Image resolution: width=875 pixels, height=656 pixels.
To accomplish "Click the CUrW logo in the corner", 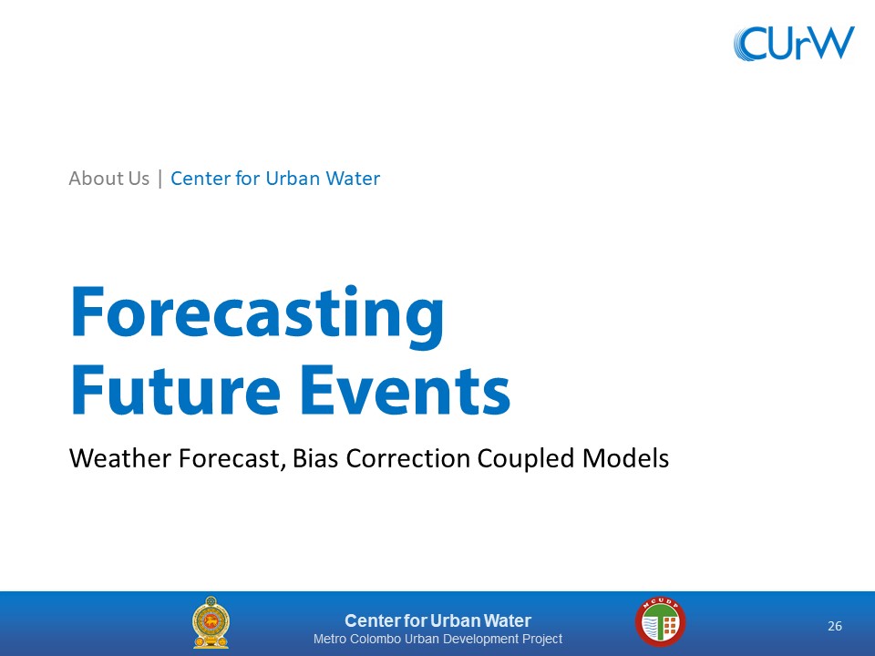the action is click(x=794, y=43).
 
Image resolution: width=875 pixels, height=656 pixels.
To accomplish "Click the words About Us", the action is click(x=108, y=179).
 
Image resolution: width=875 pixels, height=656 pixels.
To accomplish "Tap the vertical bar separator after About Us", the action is click(x=160, y=179).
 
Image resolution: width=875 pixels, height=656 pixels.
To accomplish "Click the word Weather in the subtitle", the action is click(x=120, y=458).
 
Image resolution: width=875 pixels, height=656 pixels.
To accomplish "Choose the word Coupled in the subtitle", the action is click(x=526, y=459).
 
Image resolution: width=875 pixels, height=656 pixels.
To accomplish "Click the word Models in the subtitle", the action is click(x=625, y=458).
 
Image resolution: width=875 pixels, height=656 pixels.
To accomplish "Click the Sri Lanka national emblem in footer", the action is click(x=211, y=622).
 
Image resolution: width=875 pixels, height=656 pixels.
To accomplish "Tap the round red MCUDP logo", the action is click(x=660, y=621).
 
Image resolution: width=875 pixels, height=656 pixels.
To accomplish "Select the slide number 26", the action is click(x=835, y=626).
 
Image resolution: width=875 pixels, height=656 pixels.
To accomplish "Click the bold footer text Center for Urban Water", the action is click(x=437, y=620).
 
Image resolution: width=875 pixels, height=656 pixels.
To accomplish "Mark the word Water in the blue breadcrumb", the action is click(x=353, y=179).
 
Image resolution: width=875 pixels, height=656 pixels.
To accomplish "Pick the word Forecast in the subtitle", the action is click(x=232, y=458).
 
